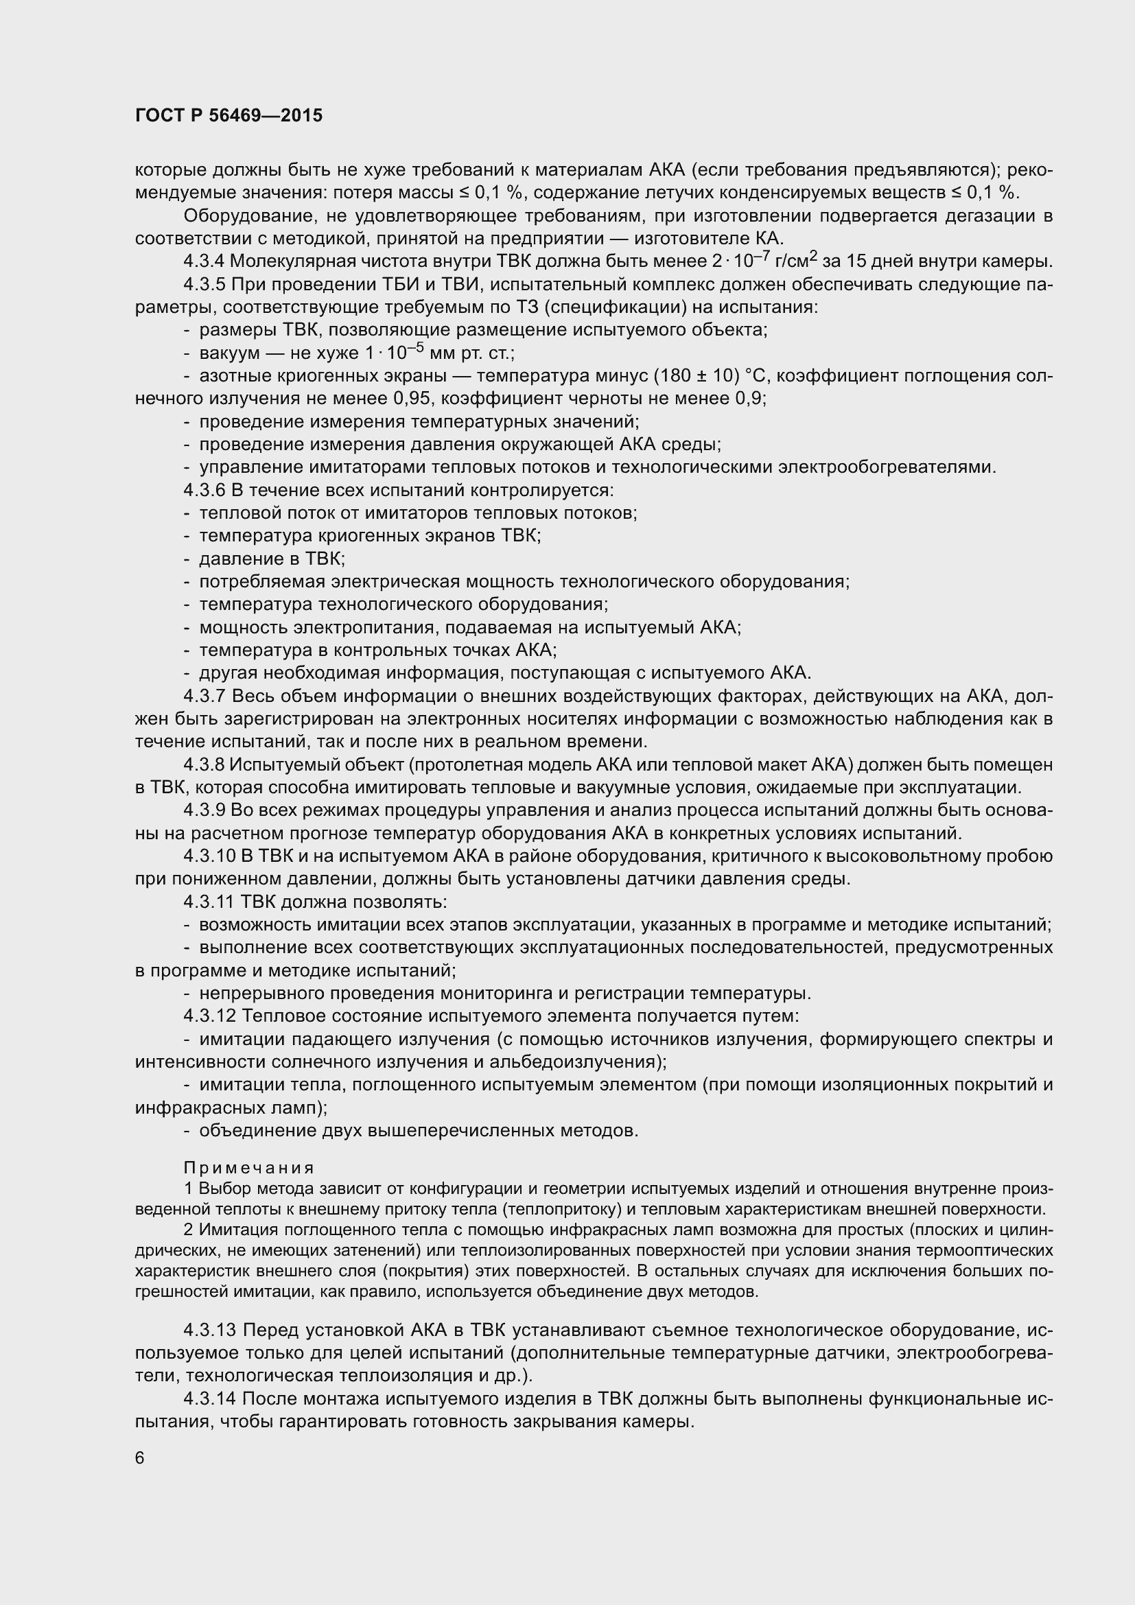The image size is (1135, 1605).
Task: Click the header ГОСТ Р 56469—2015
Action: [x=229, y=115]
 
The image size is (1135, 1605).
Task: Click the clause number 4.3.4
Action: [x=203, y=261]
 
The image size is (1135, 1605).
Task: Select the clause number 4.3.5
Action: [x=203, y=285]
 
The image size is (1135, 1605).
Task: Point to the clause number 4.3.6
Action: [x=203, y=490]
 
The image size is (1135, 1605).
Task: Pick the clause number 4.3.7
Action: [x=203, y=696]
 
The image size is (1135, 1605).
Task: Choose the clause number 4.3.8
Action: [x=203, y=764]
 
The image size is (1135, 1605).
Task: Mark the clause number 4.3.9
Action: [x=203, y=810]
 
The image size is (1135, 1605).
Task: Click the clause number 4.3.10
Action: [x=209, y=856]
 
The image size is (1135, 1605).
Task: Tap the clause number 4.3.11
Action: [x=209, y=902]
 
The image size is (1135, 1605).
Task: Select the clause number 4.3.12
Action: [x=209, y=1016]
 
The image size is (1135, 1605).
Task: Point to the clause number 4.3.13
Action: [x=209, y=1330]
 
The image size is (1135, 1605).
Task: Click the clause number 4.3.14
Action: [x=209, y=1398]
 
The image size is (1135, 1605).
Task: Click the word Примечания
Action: [x=249, y=1168]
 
